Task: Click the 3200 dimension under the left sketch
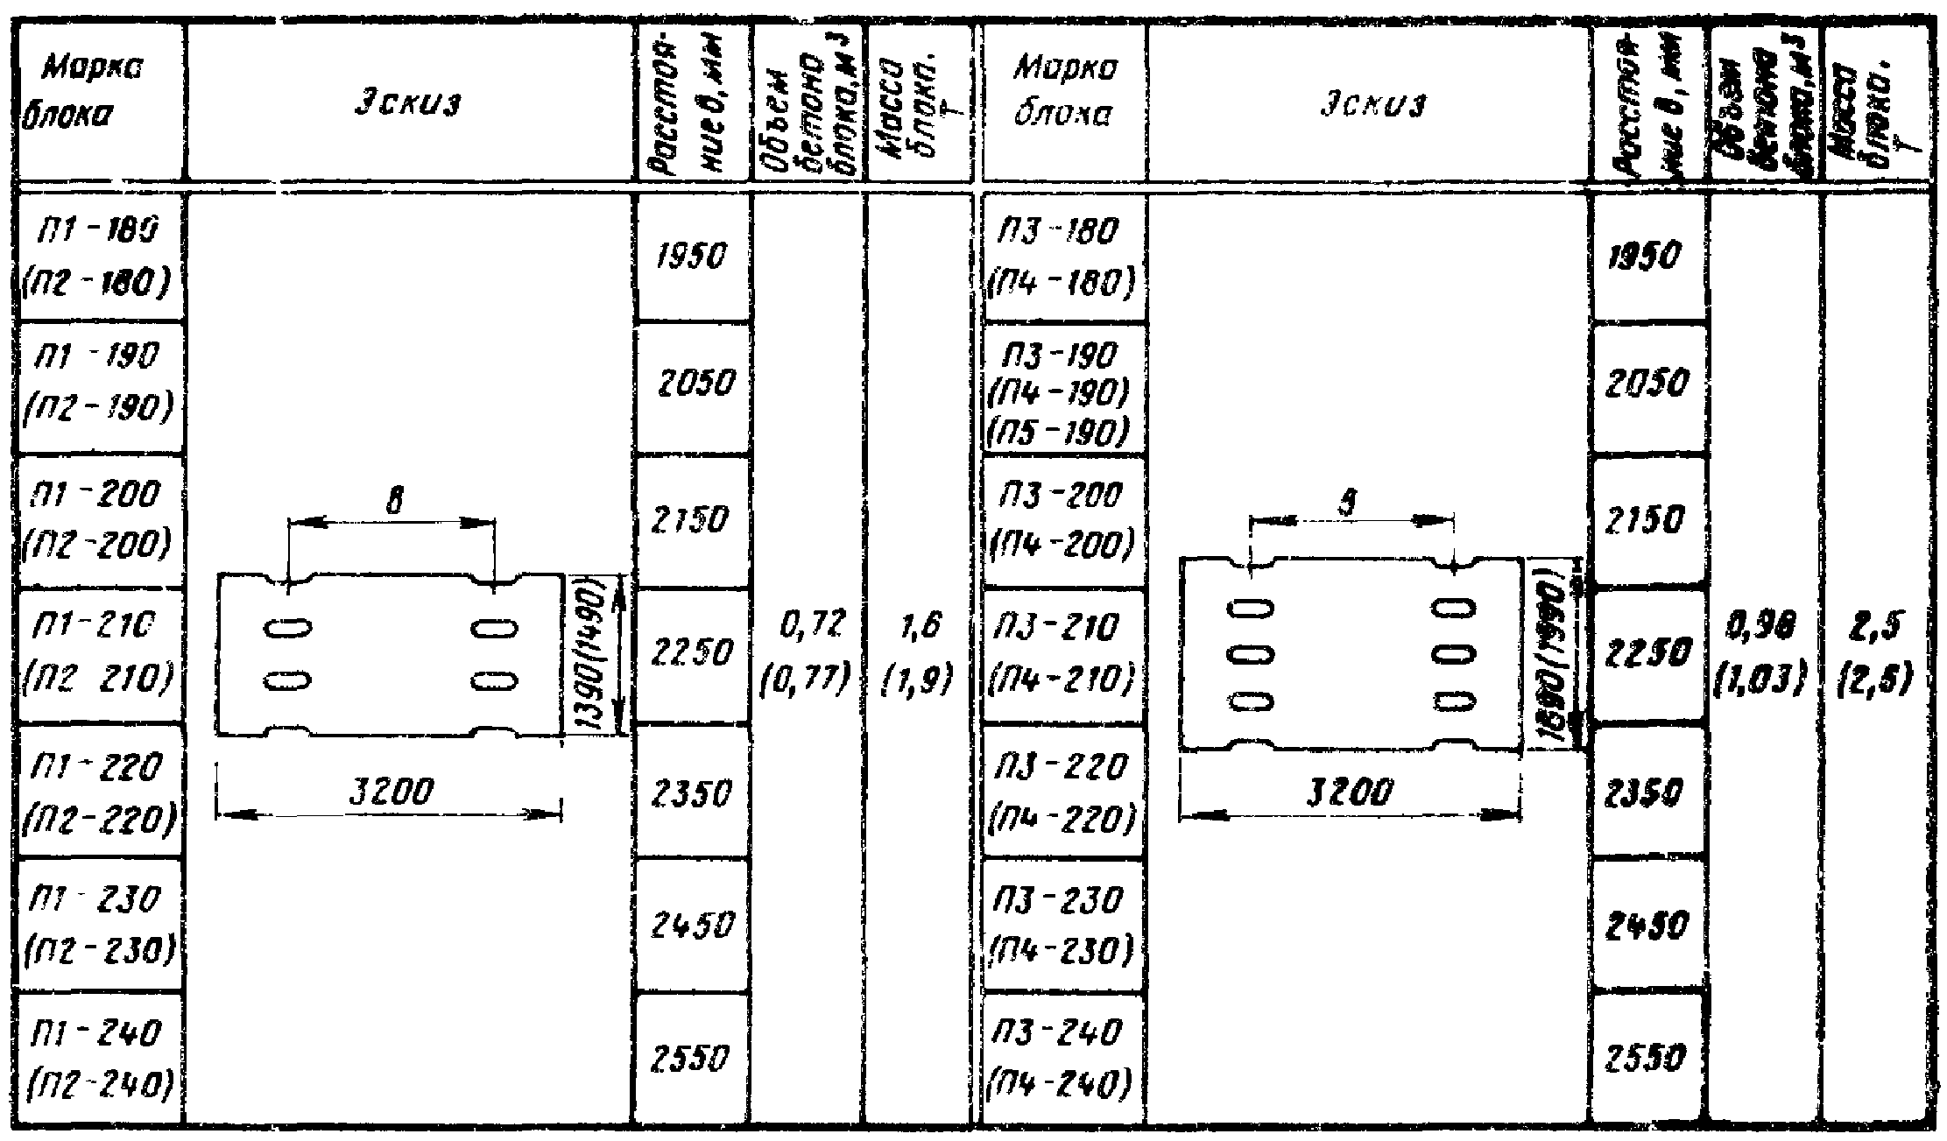pyautogui.click(x=392, y=793)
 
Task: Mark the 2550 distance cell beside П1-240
pyautogui.click(x=692, y=1060)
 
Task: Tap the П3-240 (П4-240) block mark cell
pyautogui.click(x=1061, y=1060)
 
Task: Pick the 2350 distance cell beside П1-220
pyautogui.click(x=692, y=792)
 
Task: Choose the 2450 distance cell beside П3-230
pyautogui.click(x=1649, y=926)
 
